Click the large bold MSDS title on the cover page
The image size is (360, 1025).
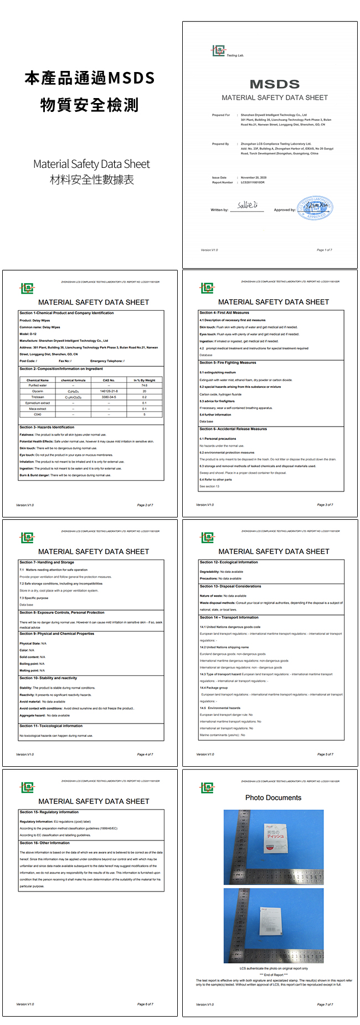click(275, 84)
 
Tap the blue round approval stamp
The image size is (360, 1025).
click(315, 208)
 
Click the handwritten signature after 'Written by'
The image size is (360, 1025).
click(248, 205)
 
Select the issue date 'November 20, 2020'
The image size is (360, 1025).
click(254, 178)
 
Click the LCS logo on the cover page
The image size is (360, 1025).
click(218, 51)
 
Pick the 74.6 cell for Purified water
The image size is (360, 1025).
click(145, 385)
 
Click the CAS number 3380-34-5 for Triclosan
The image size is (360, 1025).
click(109, 397)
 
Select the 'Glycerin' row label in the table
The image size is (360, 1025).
click(38, 391)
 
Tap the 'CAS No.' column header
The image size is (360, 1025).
click(109, 380)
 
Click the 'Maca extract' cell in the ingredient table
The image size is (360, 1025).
click(38, 408)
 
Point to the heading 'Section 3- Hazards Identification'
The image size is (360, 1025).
click(47, 427)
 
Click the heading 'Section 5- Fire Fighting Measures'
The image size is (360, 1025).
click(228, 362)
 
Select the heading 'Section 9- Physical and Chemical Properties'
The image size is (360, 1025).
click(57, 633)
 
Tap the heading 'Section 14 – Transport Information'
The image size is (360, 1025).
click(229, 617)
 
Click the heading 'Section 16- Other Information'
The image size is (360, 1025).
click(45, 843)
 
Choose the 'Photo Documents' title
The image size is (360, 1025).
click(274, 798)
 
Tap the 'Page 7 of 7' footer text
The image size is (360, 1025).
click(325, 1004)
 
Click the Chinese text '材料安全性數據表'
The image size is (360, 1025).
click(92, 180)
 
